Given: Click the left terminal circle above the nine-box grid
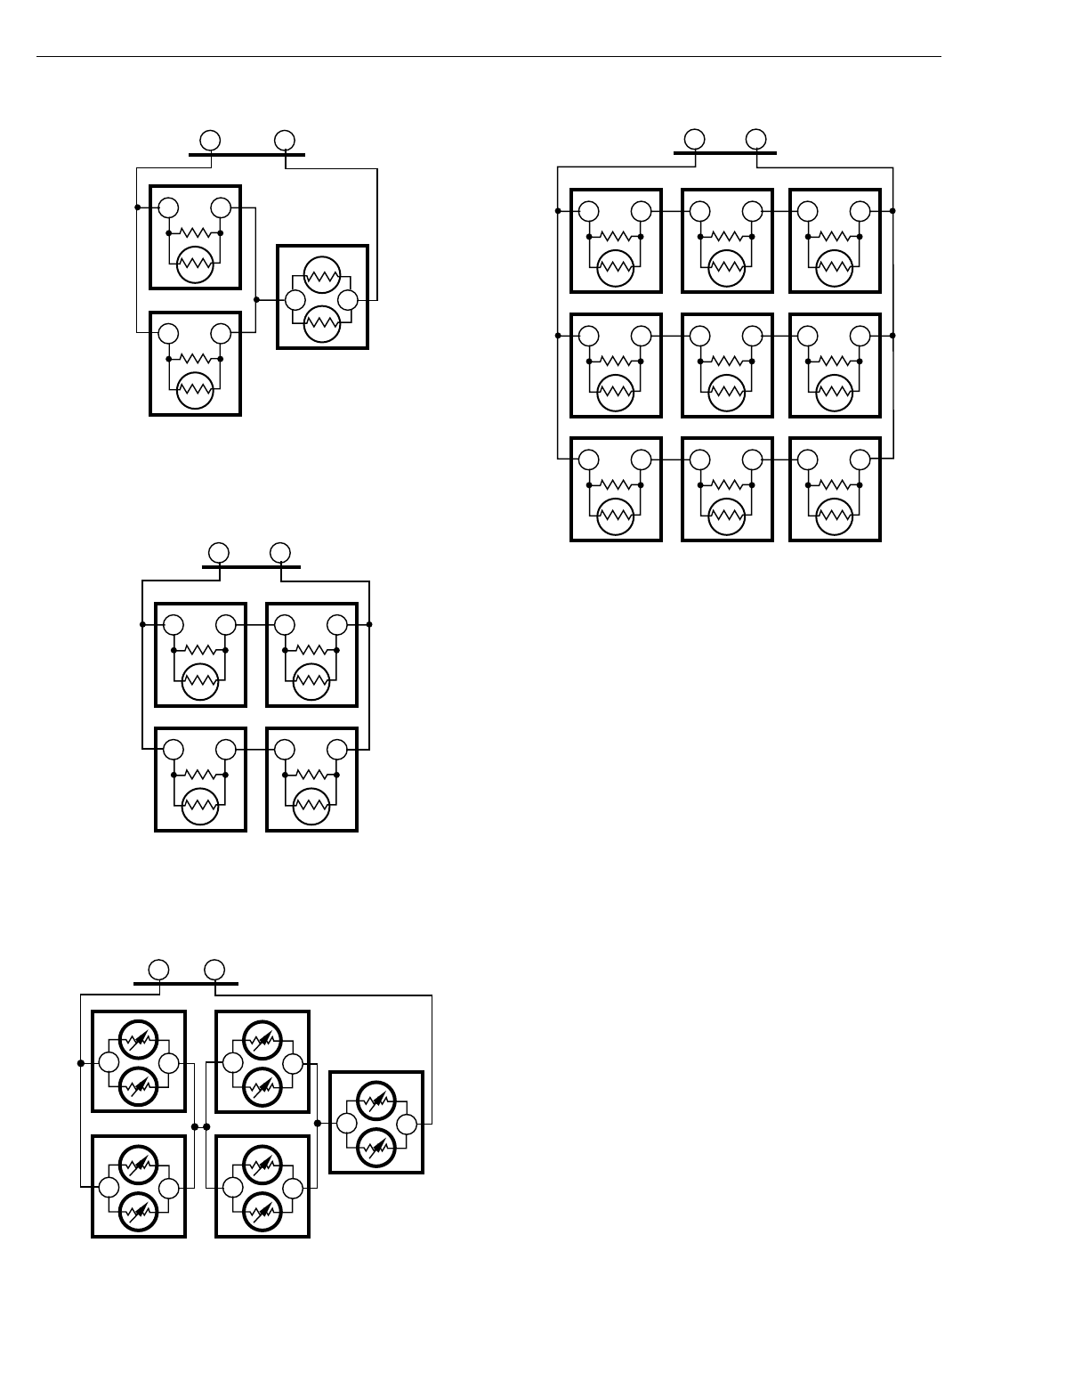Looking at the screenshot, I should tap(695, 139).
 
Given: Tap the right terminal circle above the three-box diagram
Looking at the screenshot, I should tap(285, 140).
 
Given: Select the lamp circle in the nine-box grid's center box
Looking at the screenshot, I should tap(727, 392).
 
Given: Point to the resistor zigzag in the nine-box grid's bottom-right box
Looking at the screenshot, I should tap(834, 485).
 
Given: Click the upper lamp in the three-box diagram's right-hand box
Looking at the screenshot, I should tap(322, 273).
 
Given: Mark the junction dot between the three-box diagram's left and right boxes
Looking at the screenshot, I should tap(256, 300).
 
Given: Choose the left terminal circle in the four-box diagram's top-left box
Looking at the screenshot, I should tap(174, 625).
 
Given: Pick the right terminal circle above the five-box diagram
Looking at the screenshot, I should tap(214, 969).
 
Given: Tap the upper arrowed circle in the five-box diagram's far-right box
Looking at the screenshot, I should tap(376, 1101).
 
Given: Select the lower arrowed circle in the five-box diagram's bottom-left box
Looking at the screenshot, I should tap(138, 1210).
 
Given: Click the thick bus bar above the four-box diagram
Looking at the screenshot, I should tap(251, 566).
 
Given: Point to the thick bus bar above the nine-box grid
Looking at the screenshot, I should tap(724, 152).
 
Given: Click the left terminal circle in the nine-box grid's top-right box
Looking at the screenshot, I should tap(808, 211).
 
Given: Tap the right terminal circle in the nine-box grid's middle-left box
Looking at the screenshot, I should tap(642, 336).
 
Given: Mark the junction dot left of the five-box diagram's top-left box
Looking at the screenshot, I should tap(81, 1063).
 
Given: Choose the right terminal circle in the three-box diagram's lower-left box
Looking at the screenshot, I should tap(221, 334).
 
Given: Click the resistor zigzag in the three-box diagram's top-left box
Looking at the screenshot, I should tap(195, 233).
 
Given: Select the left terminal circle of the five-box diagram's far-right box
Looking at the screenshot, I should tap(345, 1124).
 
